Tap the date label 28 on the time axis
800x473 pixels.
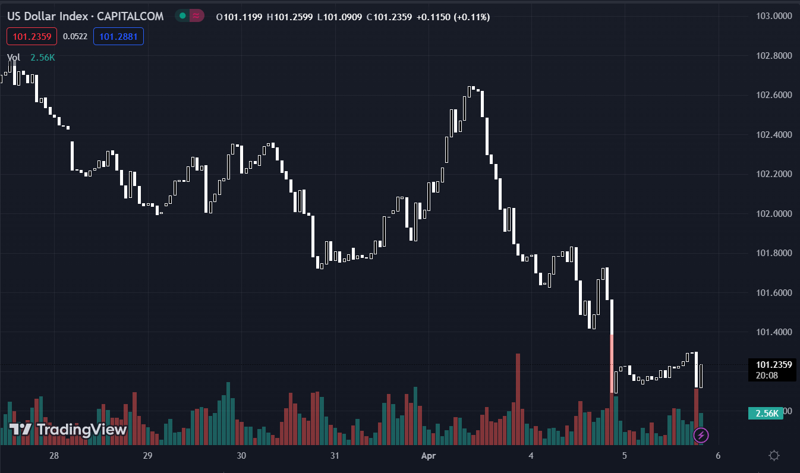[x=54, y=456]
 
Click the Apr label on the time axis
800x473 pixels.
[x=429, y=456]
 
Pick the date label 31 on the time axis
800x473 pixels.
[x=335, y=456]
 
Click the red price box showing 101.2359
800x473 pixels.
[x=32, y=37]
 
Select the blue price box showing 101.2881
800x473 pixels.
[x=118, y=37]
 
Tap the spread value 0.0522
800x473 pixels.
[x=75, y=37]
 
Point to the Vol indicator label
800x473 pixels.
[x=14, y=58]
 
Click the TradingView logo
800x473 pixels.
[x=68, y=429]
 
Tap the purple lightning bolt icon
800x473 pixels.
[x=701, y=435]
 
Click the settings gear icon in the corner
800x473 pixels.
[x=774, y=456]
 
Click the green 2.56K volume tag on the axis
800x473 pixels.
[x=766, y=414]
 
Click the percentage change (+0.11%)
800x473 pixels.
[x=471, y=17]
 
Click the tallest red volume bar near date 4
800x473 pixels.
[x=518, y=398]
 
